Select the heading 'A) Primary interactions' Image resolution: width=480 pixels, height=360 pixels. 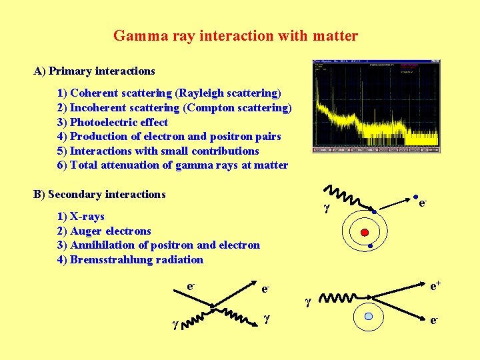(94, 71)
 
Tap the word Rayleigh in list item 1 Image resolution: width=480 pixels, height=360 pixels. (201, 93)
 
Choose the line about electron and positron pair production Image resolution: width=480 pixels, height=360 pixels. (169, 136)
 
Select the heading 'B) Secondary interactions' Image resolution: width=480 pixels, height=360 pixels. (99, 195)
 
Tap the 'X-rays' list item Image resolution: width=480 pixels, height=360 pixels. (80, 217)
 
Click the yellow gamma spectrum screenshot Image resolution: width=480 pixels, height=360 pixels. (376, 107)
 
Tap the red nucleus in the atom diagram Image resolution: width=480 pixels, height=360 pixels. (365, 232)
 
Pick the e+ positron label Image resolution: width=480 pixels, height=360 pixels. (435, 286)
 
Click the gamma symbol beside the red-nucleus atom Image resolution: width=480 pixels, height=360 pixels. (327, 208)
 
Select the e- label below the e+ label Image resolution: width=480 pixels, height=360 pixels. (434, 321)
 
